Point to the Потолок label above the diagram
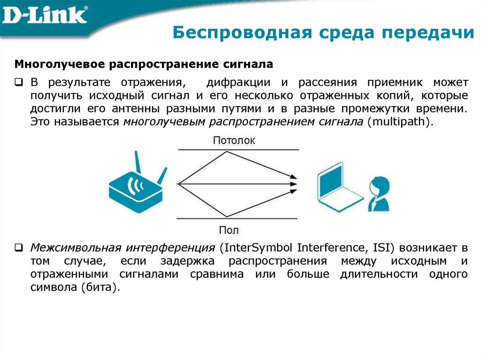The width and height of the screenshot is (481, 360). [234, 140]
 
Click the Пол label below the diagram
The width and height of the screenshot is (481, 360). [229, 230]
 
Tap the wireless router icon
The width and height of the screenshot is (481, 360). [135, 188]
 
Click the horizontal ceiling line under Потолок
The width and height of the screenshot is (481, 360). [237, 149]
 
